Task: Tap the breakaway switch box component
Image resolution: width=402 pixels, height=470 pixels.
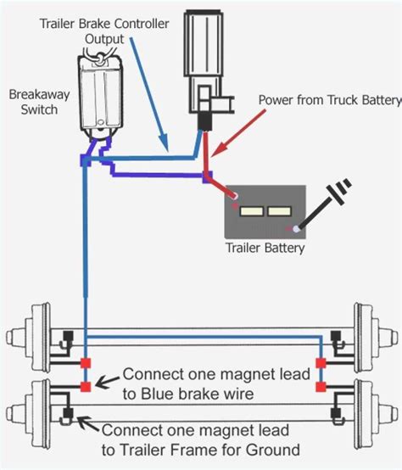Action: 99,95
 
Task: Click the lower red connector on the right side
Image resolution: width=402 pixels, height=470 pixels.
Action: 321,387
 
